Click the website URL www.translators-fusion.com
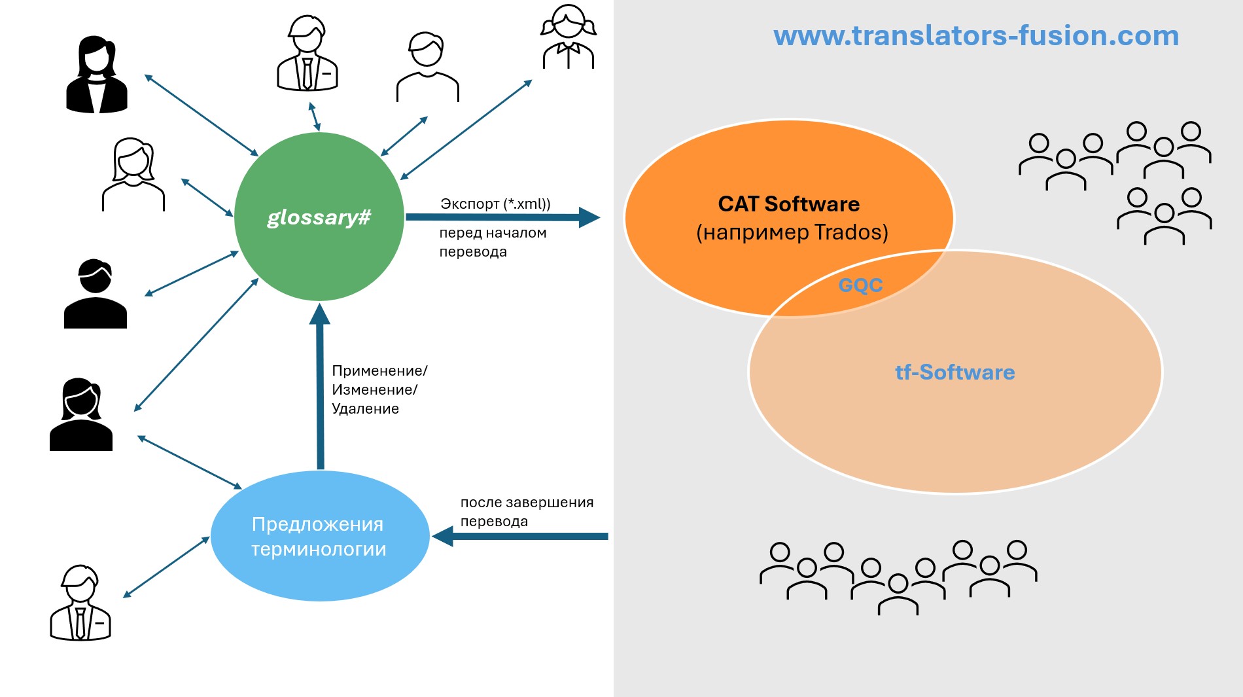[x=975, y=36]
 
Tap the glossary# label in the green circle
[x=319, y=217]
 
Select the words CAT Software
[x=788, y=204]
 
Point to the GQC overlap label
[x=860, y=285]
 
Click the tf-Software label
[x=954, y=372]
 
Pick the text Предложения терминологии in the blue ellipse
[x=319, y=536]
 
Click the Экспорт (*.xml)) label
[x=495, y=204]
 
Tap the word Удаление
[x=365, y=409]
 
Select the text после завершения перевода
[x=527, y=512]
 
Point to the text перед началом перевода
[x=492, y=242]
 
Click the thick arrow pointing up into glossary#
[x=320, y=386]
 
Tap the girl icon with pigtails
[x=568, y=37]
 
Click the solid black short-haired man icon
[x=96, y=294]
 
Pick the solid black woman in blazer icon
[x=97, y=75]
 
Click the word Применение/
[x=379, y=371]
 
